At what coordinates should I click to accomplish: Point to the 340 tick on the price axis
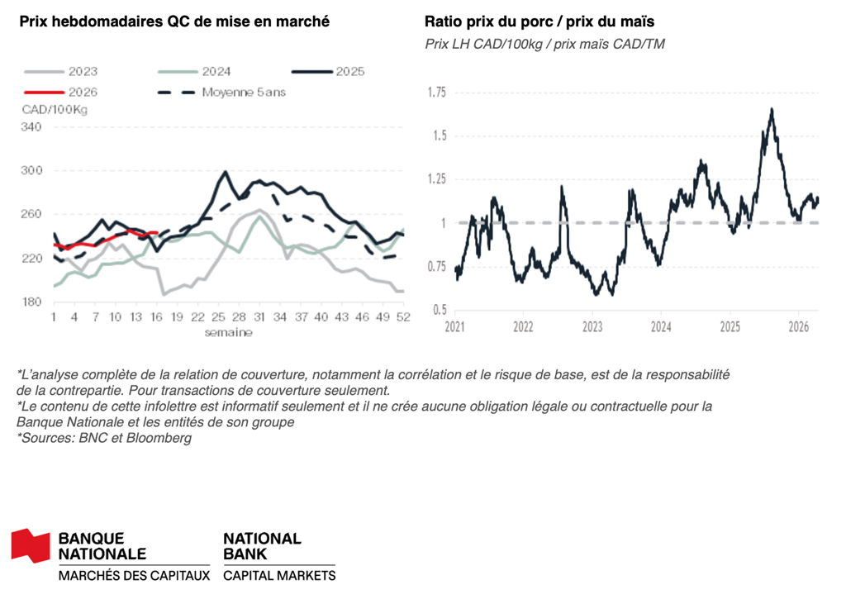click(x=31, y=126)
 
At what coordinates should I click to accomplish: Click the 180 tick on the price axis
click(x=31, y=302)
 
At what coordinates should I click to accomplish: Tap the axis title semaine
click(x=228, y=332)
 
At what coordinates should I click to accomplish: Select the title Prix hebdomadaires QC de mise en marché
click(x=173, y=21)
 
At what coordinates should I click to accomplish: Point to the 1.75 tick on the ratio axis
click(x=435, y=92)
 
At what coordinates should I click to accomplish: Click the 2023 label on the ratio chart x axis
click(x=592, y=326)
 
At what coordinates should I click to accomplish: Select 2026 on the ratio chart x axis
click(x=797, y=326)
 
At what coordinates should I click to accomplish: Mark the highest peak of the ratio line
click(x=772, y=109)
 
